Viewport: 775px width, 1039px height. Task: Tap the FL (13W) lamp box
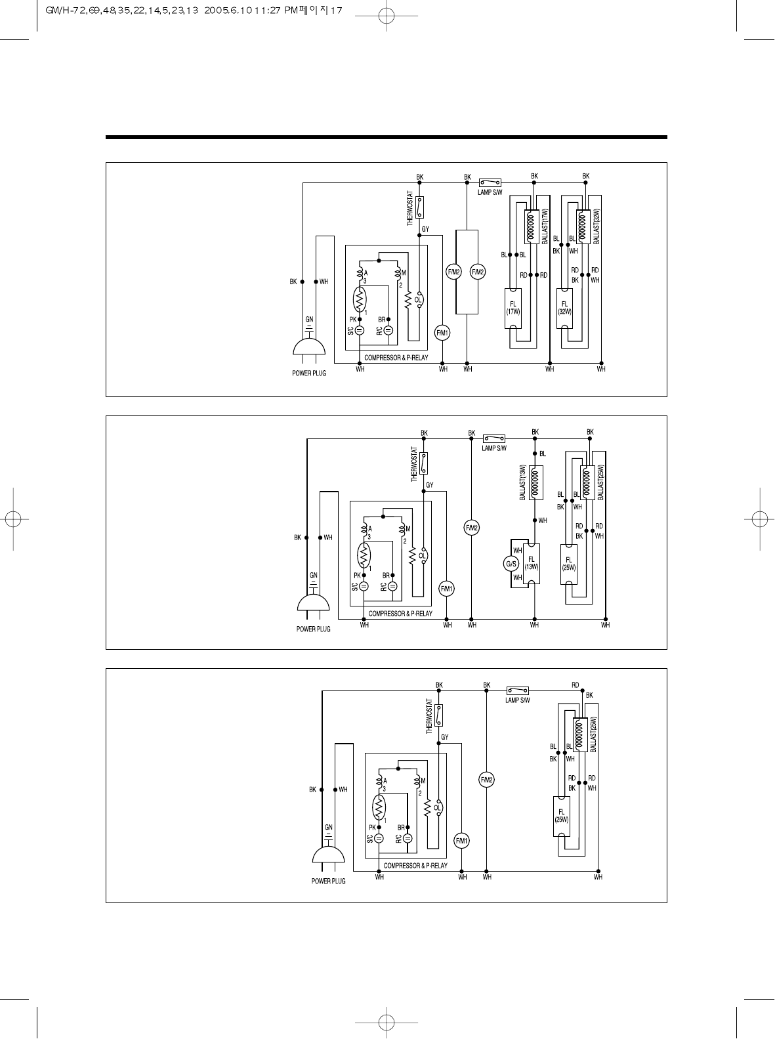pyautogui.click(x=532, y=563)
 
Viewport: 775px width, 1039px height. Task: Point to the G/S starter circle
pyautogui.click(x=511, y=564)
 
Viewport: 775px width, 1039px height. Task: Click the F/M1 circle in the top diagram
pyautogui.click(x=443, y=333)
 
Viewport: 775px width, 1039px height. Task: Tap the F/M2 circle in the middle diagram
pyautogui.click(x=472, y=528)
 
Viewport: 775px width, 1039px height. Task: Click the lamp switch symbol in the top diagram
pyautogui.click(x=490, y=182)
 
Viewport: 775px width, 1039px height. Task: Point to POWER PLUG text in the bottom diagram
pyautogui.click(x=328, y=881)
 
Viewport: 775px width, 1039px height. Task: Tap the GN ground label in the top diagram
pyautogui.click(x=309, y=319)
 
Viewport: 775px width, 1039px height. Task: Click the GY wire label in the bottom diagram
pyautogui.click(x=445, y=737)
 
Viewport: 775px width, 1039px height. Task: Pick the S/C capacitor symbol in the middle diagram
pyautogui.click(x=364, y=586)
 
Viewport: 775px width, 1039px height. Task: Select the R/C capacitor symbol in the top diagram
pyautogui.click(x=388, y=330)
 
